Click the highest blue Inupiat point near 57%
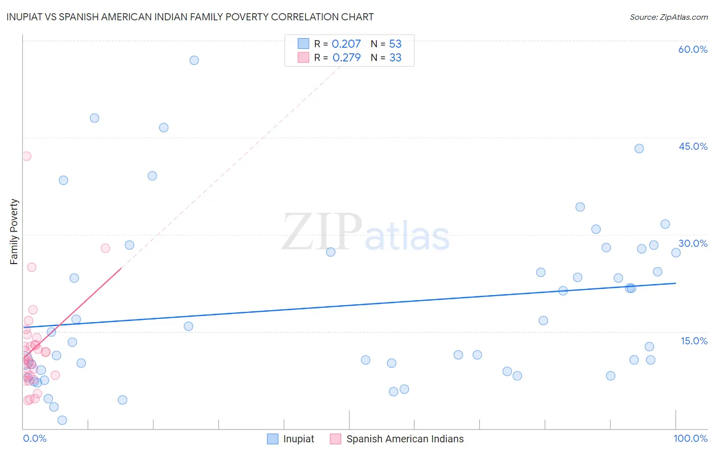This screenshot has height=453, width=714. tap(194, 60)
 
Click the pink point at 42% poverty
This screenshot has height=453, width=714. tap(26, 156)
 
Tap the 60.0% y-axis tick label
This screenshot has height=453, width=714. tap(693, 49)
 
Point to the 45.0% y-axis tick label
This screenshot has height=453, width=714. tap(693, 146)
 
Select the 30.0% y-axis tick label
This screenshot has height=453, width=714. tap(693, 243)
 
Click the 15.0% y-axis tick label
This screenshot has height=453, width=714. tap(694, 341)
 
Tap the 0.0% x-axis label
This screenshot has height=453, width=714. tap(35, 438)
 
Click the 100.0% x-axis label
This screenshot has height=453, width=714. tap(690, 438)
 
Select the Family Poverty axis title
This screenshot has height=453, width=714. tap(14, 232)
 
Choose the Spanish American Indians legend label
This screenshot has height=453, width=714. tap(405, 439)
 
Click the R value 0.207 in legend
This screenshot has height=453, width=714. tap(346, 44)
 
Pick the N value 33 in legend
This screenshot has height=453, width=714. tap(395, 58)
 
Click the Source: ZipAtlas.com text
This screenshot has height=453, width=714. tap(668, 17)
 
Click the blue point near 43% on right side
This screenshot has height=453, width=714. tap(639, 148)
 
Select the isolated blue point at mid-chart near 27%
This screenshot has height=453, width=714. tap(331, 252)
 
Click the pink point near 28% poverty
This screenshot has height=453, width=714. tap(105, 248)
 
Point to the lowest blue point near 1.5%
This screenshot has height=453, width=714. tap(62, 420)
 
